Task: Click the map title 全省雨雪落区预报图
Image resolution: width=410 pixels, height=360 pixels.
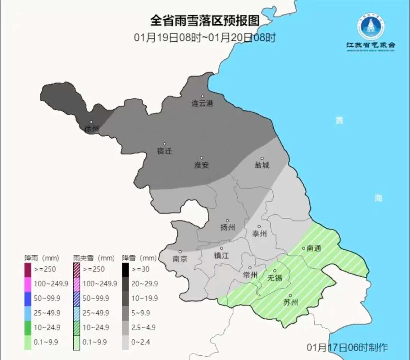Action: [x=205, y=21]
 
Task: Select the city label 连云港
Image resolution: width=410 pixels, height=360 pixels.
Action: [x=202, y=103]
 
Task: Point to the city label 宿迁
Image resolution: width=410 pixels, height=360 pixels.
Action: [x=164, y=151]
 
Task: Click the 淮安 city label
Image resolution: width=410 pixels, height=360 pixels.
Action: [x=201, y=165]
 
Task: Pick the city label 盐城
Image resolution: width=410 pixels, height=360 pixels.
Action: [x=262, y=165]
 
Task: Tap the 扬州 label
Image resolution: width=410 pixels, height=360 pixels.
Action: [x=227, y=227]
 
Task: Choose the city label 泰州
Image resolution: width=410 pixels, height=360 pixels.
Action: [x=260, y=234]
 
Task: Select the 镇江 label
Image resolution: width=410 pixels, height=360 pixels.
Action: [x=221, y=255]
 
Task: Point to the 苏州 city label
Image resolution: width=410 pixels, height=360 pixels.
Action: [x=291, y=302]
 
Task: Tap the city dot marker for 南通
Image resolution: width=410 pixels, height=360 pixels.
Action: [x=303, y=248]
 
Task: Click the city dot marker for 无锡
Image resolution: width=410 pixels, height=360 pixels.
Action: [x=275, y=271]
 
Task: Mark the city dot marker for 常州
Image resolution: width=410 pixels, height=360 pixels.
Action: [x=250, y=268]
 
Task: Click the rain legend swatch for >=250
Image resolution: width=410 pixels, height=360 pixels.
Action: [x=28, y=270]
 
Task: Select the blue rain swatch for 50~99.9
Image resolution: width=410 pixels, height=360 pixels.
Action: [x=28, y=299]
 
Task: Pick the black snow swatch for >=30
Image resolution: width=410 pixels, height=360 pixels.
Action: [x=125, y=270]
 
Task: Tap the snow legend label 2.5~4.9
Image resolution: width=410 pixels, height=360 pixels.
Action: [x=143, y=327]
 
